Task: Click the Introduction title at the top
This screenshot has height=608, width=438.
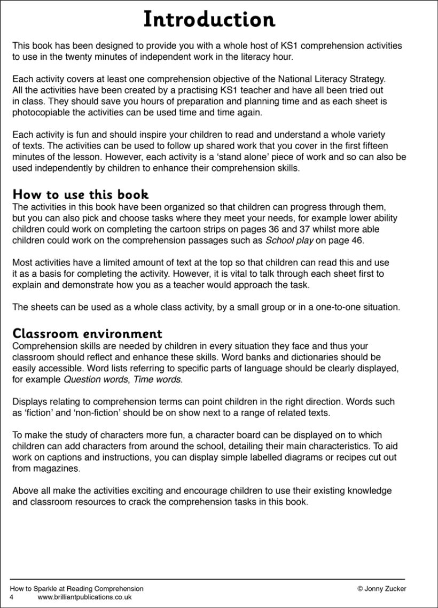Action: (209, 20)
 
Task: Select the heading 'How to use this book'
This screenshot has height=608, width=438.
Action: (81, 194)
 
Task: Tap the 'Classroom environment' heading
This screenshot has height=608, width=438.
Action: (87, 334)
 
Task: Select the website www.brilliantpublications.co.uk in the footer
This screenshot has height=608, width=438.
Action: (84, 597)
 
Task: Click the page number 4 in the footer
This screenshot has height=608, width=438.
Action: (12, 597)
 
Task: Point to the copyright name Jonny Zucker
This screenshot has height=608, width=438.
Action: (385, 589)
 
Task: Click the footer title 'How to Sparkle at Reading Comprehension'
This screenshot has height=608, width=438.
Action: (76, 589)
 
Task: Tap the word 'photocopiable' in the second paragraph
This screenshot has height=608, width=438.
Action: (38, 113)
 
